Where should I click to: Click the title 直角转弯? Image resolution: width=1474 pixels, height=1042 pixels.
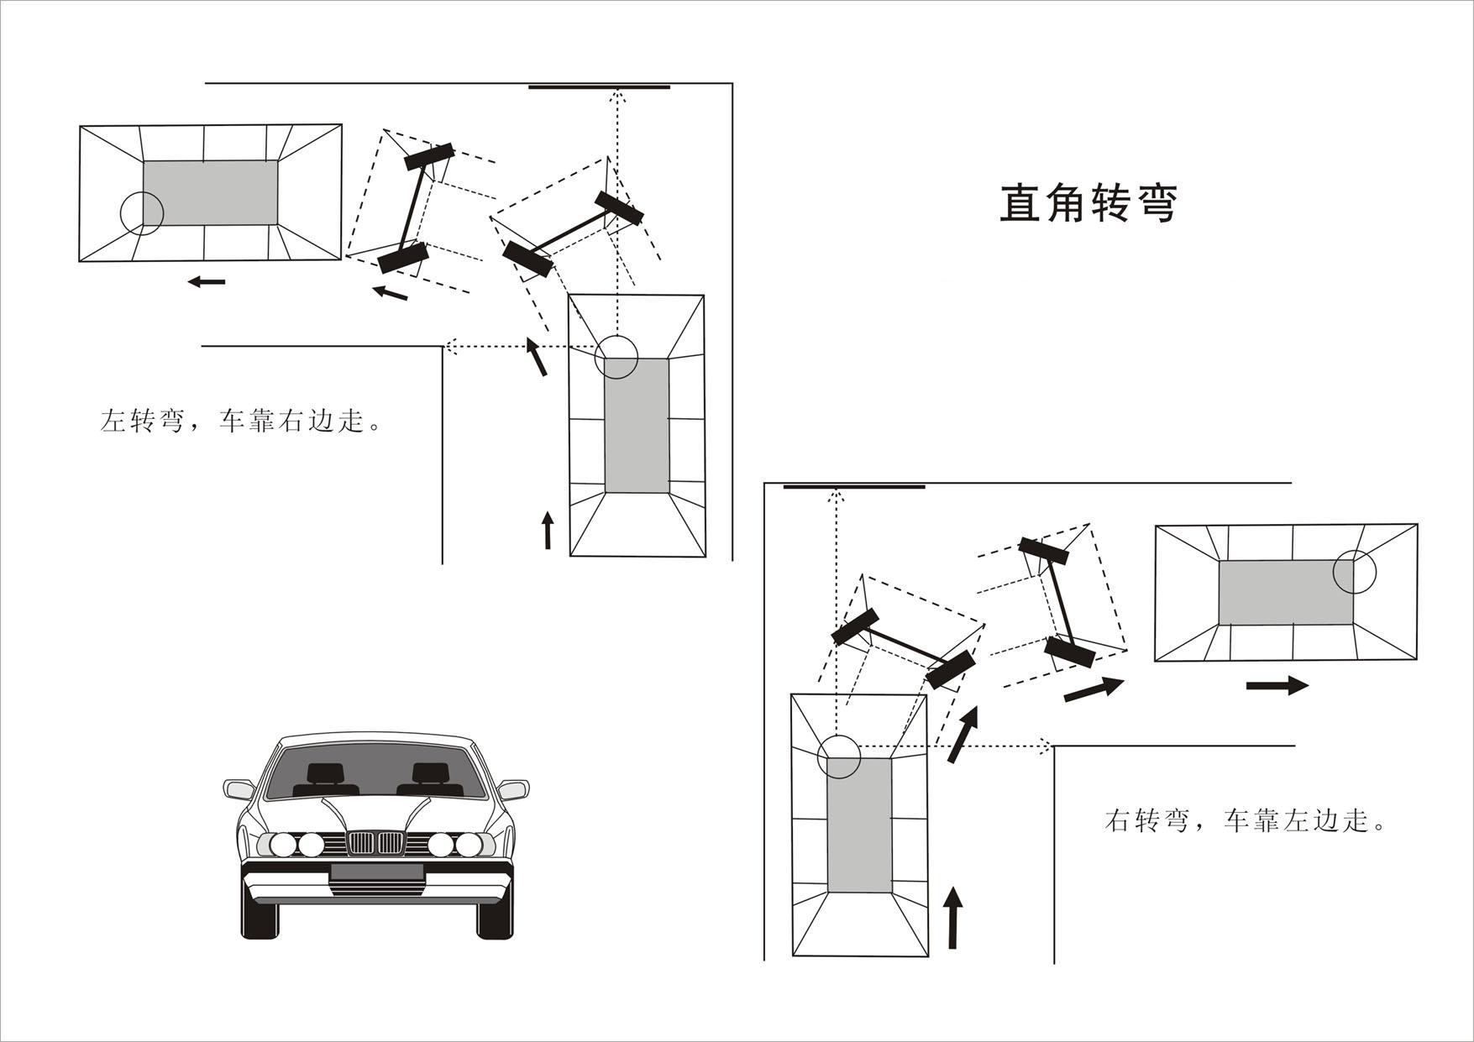coord(1088,204)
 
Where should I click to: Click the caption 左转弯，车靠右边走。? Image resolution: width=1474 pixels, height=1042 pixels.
coord(241,421)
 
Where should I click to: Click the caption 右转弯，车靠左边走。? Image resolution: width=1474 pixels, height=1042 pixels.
coord(1245,819)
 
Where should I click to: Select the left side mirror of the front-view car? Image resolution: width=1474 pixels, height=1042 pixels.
coord(239,789)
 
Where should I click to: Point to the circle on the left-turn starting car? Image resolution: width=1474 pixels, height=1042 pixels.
coord(616,357)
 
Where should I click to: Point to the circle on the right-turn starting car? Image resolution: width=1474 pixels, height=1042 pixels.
coord(839,755)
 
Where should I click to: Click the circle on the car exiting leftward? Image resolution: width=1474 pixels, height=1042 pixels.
coord(141,212)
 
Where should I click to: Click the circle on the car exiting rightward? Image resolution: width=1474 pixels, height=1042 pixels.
coord(1354,572)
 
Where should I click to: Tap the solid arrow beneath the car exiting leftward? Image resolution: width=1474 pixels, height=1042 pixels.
coord(207,281)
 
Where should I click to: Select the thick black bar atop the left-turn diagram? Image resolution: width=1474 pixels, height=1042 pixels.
coord(599,86)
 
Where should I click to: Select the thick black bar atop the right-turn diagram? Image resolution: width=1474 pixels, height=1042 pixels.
coord(853,486)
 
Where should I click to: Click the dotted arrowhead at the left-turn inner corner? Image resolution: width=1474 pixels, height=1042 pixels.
coord(450,346)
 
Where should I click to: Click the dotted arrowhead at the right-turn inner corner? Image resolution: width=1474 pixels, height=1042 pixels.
coord(1045,746)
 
